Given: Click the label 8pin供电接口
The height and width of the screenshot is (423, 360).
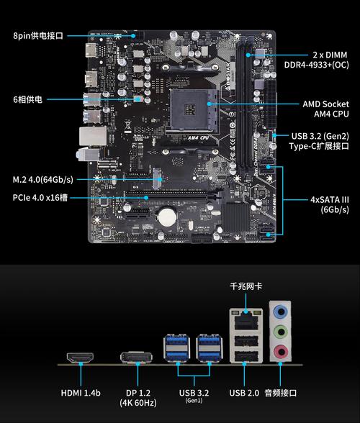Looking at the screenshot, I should (x=38, y=35).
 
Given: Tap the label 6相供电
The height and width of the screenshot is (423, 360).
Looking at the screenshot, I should (x=27, y=99).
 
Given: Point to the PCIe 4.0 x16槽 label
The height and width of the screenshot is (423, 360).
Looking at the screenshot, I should (x=40, y=197).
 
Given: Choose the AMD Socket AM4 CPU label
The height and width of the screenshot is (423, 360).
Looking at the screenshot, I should (x=325, y=109).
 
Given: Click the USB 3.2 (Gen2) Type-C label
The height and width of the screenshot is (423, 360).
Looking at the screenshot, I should (x=320, y=141).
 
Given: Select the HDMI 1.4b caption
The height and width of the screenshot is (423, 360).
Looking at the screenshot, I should (x=81, y=393).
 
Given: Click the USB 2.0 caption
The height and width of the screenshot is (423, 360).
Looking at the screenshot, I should (x=245, y=393).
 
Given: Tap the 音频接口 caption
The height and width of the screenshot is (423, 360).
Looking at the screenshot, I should (x=281, y=393).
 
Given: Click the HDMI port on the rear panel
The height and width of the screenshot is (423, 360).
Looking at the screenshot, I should (x=81, y=357).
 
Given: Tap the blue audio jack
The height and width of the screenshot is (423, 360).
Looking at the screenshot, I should (x=281, y=311).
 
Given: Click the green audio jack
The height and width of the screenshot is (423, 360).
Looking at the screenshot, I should (x=281, y=332).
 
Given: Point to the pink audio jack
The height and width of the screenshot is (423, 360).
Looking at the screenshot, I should (x=281, y=352).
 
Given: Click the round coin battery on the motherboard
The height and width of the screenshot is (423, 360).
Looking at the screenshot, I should (x=167, y=214).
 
